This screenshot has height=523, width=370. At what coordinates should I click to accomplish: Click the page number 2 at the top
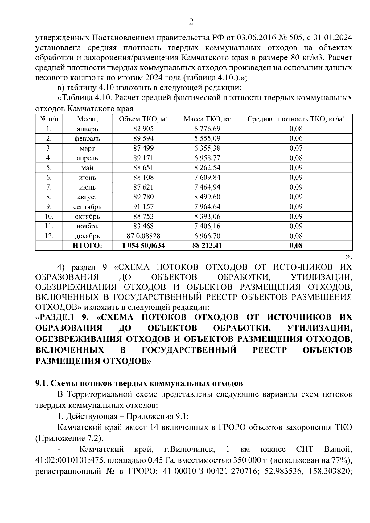[x=191, y=22]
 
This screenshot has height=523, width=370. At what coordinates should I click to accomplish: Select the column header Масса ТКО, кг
[x=207, y=119]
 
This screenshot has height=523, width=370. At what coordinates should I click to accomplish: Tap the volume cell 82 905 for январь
[x=143, y=129]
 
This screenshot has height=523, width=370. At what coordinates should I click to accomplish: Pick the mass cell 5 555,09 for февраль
[x=207, y=139]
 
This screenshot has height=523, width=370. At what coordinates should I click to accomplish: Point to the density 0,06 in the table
[x=296, y=139]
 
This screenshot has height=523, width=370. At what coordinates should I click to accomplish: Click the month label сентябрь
[x=87, y=207]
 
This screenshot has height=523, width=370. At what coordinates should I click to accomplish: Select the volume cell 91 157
[x=143, y=207]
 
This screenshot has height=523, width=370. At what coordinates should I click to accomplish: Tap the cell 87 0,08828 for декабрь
[x=143, y=236]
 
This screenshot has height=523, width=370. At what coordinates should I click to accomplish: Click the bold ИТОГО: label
[x=87, y=246]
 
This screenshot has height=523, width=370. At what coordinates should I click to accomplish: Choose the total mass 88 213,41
[x=207, y=246]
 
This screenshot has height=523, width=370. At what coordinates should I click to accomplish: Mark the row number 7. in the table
[x=49, y=187]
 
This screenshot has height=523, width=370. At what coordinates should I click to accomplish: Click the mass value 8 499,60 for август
[x=207, y=197]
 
